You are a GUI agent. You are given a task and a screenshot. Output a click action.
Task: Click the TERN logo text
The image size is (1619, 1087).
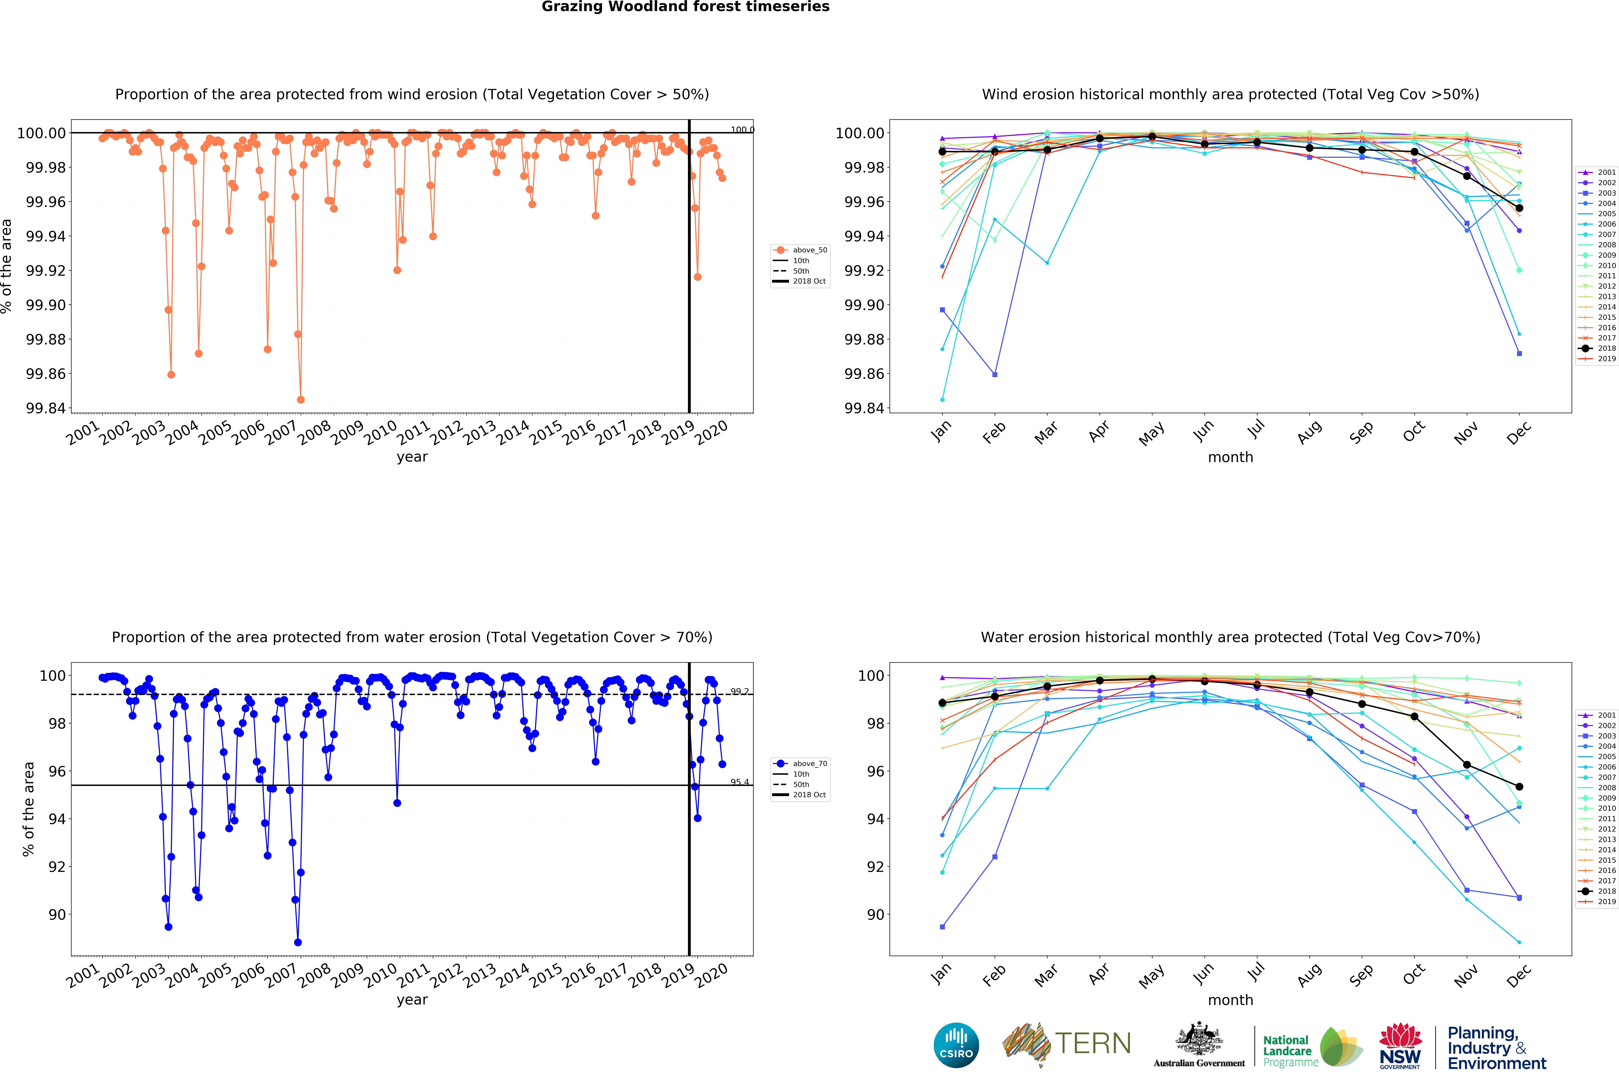coord(1093,1043)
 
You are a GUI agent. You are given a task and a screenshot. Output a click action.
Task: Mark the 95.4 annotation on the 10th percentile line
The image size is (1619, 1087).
coord(740,782)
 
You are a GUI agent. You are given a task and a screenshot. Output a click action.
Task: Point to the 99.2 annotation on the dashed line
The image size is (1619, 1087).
coord(740,691)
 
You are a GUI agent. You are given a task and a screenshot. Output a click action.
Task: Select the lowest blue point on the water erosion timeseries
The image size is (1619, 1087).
coord(298,942)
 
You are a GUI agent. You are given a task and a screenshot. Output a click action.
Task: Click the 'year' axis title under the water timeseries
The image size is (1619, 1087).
coord(412,1000)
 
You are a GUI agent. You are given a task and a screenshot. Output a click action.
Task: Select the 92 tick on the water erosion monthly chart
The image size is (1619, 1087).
coord(875,867)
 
